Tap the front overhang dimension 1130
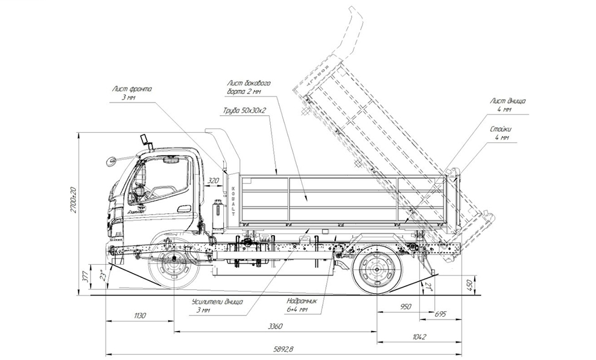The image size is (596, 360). point(139,315)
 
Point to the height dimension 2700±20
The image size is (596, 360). point(74,198)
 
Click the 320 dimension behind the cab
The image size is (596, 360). point(212,180)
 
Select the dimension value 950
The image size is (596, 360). point(405,306)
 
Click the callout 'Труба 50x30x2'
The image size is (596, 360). point(243,112)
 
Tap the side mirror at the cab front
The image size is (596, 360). point(110,161)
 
